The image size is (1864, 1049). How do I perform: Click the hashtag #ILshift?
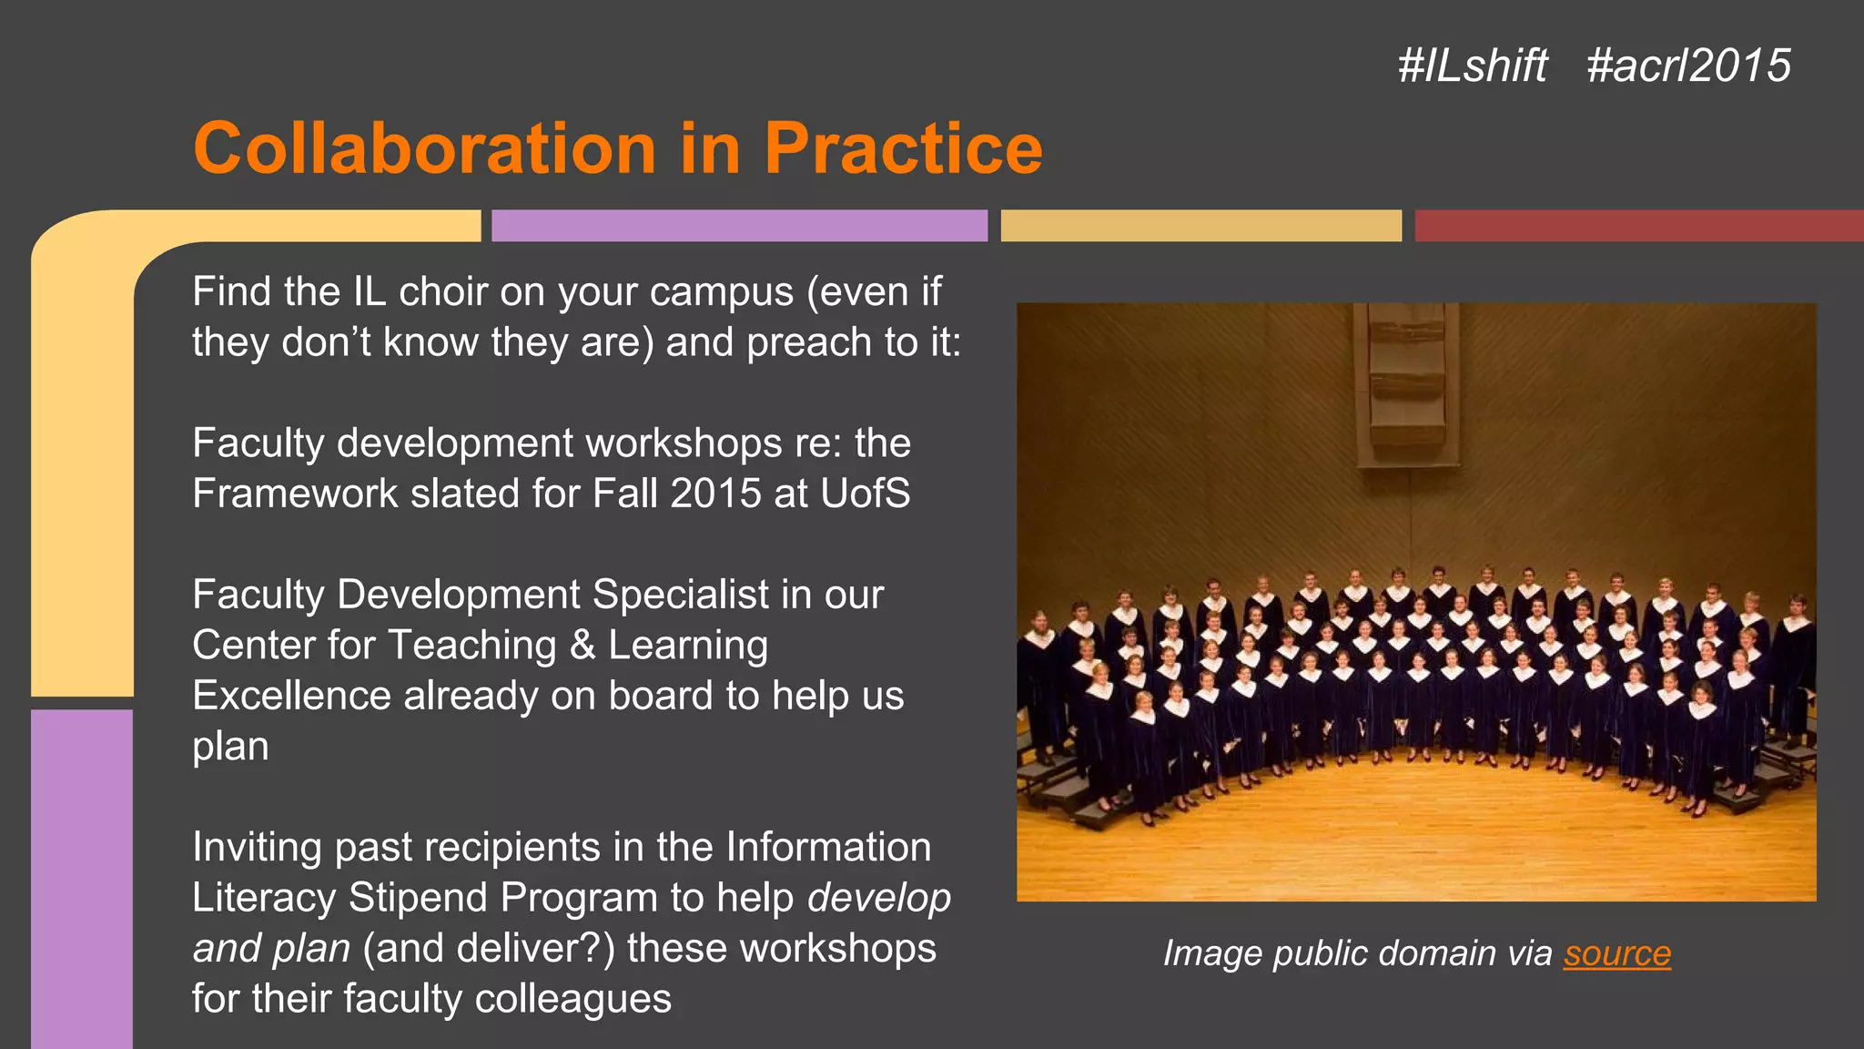point(1472,66)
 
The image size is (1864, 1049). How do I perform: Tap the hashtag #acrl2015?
point(1688,66)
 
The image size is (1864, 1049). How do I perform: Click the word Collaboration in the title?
point(424,148)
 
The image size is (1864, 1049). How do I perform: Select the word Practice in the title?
point(903,148)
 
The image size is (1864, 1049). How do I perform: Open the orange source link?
point(1617,953)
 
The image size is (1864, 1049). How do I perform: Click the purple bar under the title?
point(739,226)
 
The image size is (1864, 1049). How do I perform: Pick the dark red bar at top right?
point(1638,226)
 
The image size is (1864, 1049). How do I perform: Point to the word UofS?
point(865,494)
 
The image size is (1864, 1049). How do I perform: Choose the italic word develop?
point(879,898)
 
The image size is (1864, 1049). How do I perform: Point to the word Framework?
point(295,494)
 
